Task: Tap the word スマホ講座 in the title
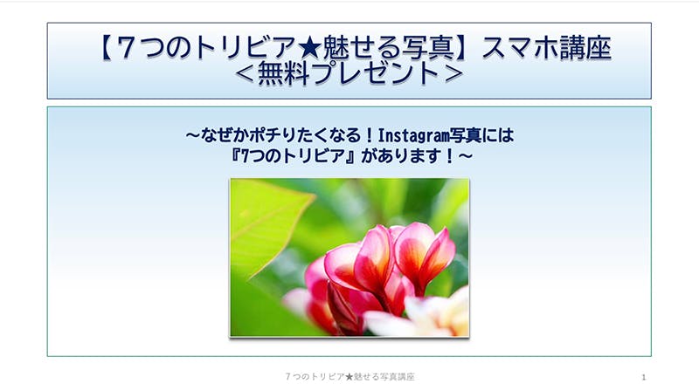[x=547, y=48]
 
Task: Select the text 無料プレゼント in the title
[x=349, y=73]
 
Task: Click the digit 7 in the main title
[x=127, y=48]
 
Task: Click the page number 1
[x=643, y=377]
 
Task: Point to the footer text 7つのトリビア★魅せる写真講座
[x=350, y=377]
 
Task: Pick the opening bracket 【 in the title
[x=106, y=48]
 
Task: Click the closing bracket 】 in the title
[x=466, y=48]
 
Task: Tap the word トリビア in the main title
[x=244, y=48]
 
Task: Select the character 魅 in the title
[x=336, y=48]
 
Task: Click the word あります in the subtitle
[x=409, y=156]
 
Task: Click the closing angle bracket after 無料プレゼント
[x=453, y=73]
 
